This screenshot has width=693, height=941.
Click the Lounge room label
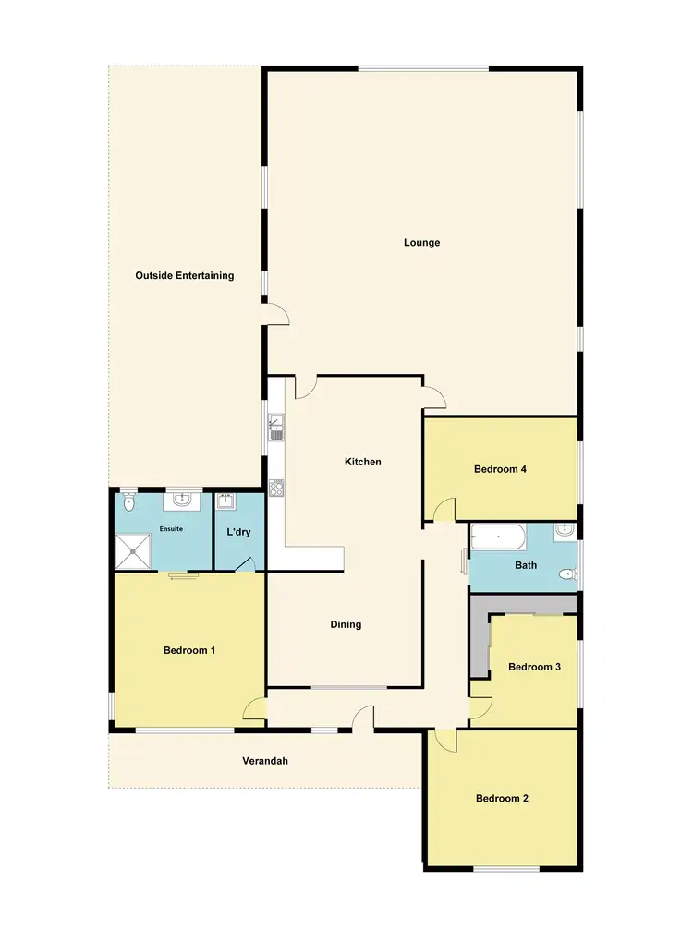point(421,243)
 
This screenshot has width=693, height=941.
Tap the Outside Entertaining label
point(185,275)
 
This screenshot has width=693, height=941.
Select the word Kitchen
point(362,462)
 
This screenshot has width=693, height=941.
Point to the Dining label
point(346,624)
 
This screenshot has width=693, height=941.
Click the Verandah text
point(265,761)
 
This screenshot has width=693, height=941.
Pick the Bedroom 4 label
point(500,469)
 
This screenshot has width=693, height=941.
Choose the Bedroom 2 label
point(502,799)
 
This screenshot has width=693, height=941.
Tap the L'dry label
point(239,532)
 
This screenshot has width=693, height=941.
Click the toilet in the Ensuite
point(129,502)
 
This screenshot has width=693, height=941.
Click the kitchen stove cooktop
point(275,488)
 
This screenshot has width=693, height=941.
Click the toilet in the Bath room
point(566,575)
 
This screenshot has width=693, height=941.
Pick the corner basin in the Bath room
point(566,530)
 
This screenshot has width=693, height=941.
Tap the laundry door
point(245,564)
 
